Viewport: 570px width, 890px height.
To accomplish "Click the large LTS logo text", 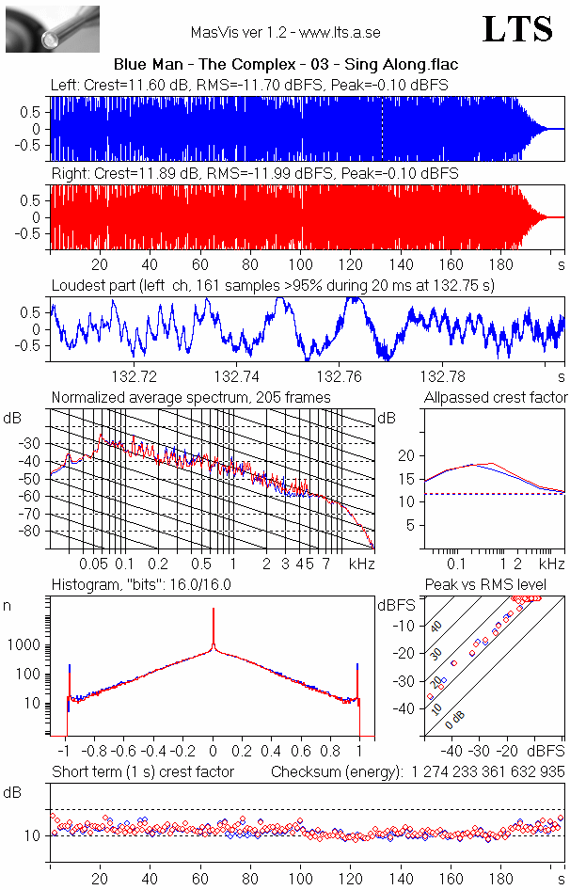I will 516,29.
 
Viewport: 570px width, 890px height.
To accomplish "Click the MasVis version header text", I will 285,32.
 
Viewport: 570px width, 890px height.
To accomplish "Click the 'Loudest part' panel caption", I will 273,284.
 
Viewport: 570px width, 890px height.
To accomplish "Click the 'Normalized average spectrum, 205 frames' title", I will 191,398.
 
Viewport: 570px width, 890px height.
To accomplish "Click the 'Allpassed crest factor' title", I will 496,398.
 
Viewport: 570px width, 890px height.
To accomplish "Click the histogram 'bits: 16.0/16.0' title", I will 141,584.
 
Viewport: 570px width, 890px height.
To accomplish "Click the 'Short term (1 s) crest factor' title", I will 143,771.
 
